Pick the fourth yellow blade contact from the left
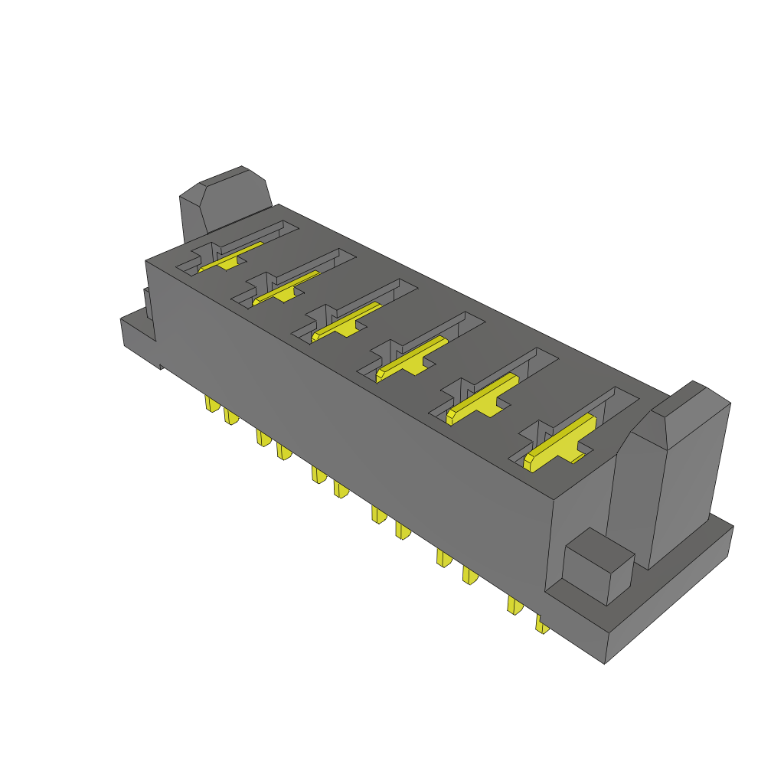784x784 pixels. (412, 358)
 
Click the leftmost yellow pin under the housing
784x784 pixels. (211, 404)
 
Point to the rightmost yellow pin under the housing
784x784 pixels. (541, 625)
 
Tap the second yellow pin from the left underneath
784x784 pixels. (230, 416)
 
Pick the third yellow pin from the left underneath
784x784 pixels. (263, 438)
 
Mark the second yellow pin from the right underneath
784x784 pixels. (514, 605)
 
